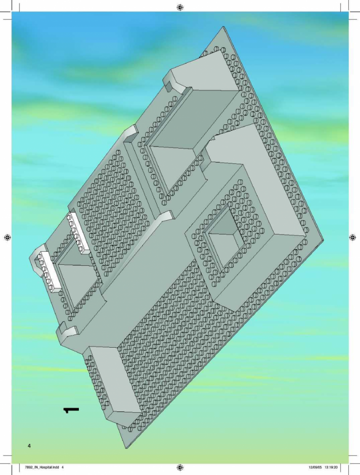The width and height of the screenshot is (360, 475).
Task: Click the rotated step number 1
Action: point(71,410)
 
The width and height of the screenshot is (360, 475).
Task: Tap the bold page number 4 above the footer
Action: point(29,446)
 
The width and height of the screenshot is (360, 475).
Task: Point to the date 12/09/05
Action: point(315,467)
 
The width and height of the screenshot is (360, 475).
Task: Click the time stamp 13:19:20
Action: point(331,467)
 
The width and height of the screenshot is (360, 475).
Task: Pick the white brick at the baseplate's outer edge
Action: point(48,272)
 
